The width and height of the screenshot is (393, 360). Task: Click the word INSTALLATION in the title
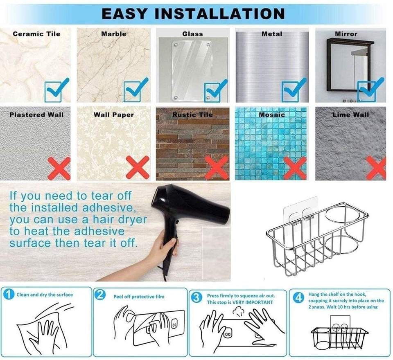pyautogui.click(x=219, y=13)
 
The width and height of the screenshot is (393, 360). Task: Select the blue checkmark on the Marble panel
pyautogui.click(x=136, y=90)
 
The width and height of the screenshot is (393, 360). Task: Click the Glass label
pyautogui.click(x=192, y=34)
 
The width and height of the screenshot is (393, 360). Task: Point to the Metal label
pyautogui.click(x=272, y=34)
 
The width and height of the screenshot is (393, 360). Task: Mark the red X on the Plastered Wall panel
pyautogui.click(x=59, y=169)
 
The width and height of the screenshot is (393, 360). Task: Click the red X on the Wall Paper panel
pyautogui.click(x=138, y=167)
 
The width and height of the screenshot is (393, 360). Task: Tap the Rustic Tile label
pyautogui.click(x=192, y=115)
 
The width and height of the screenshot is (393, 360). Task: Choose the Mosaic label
pyautogui.click(x=272, y=115)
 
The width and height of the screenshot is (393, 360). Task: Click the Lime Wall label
pyautogui.click(x=351, y=115)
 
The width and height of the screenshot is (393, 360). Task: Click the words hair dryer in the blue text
pyautogui.click(x=120, y=219)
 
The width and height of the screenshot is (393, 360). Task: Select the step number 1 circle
pyautogui.click(x=9, y=294)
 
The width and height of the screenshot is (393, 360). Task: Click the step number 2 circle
pyautogui.click(x=100, y=295)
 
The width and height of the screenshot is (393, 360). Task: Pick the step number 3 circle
pyautogui.click(x=197, y=298)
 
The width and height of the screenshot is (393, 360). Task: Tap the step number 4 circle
pyautogui.click(x=298, y=298)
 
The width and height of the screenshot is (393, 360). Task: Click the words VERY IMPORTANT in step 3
pyautogui.click(x=253, y=302)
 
